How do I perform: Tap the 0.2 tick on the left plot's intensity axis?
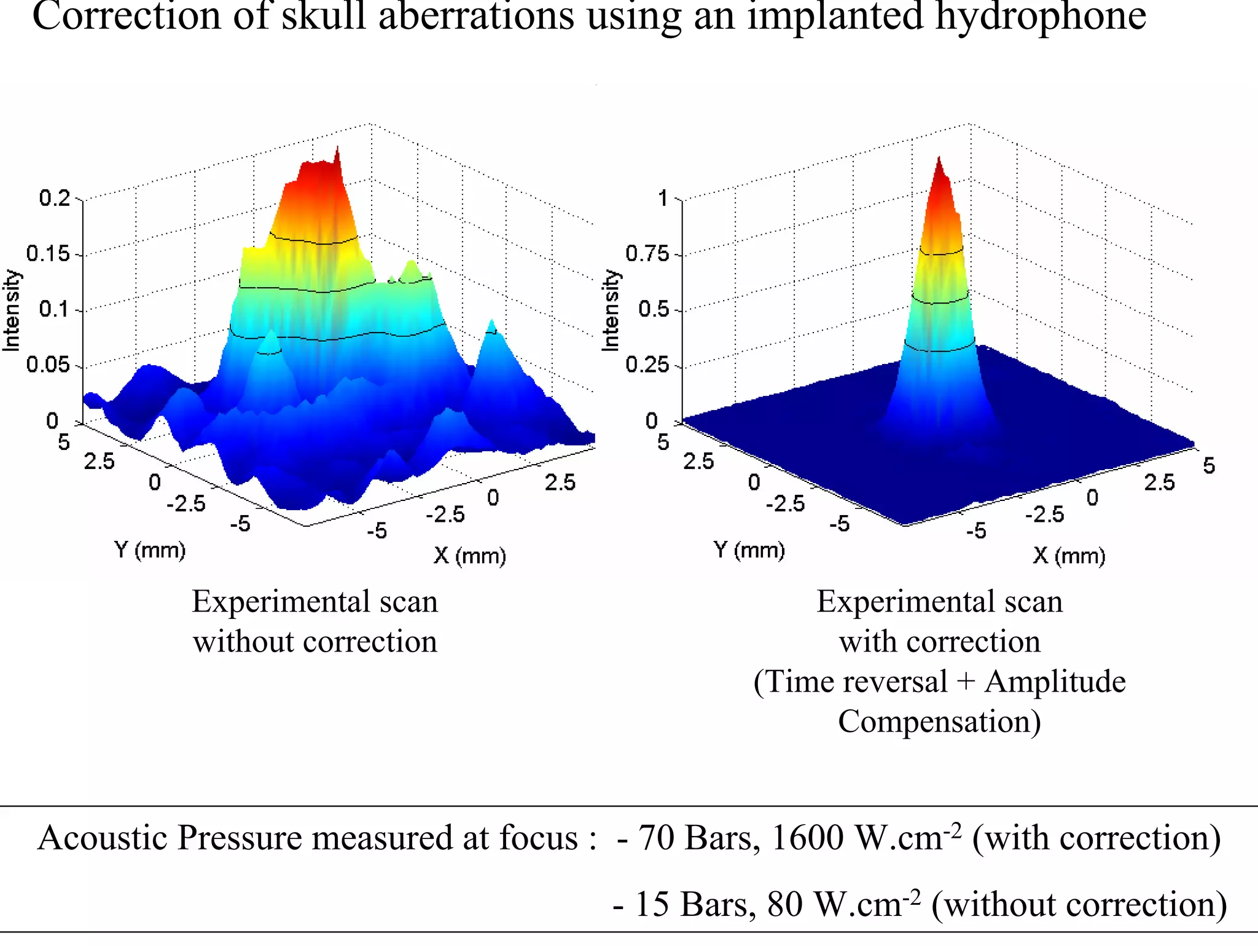pyautogui.click(x=55, y=199)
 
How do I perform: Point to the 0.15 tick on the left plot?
pyautogui.click(x=49, y=254)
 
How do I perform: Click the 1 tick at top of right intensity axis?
pyautogui.click(x=663, y=199)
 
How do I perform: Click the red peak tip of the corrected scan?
pyautogui.click(x=939, y=161)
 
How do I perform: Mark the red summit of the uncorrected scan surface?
pyautogui.click(x=336, y=151)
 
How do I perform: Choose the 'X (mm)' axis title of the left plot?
pyautogui.click(x=469, y=556)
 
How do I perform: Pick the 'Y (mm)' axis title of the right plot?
pyautogui.click(x=749, y=550)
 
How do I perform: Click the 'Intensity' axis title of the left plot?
pyautogui.click(x=12, y=310)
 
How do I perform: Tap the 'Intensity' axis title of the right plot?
pyautogui.click(x=611, y=310)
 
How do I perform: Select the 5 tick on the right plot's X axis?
pyautogui.click(x=1208, y=466)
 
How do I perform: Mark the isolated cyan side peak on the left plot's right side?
pyautogui.click(x=491, y=326)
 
